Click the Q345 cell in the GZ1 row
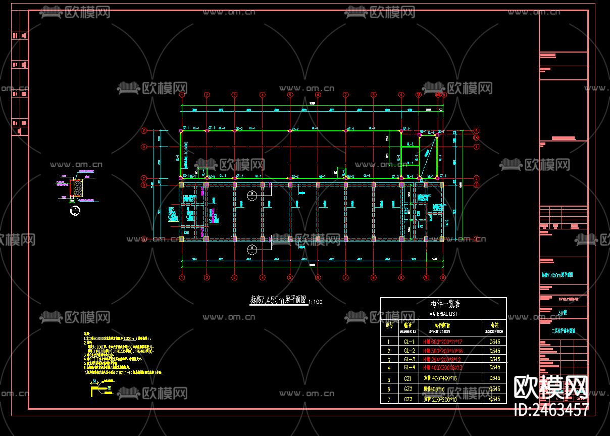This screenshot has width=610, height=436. tap(495, 378)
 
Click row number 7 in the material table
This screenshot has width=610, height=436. tap(388, 399)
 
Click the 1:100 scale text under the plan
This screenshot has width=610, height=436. tap(316, 302)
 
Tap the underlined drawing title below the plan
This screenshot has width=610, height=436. tap(278, 300)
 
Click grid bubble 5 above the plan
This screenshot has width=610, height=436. tap(290, 94)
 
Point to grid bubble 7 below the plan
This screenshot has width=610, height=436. tap(345, 277)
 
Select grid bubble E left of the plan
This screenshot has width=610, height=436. tap(143, 130)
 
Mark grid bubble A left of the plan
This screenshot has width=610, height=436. tap(143, 238)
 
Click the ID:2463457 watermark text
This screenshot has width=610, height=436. tap(551, 410)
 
